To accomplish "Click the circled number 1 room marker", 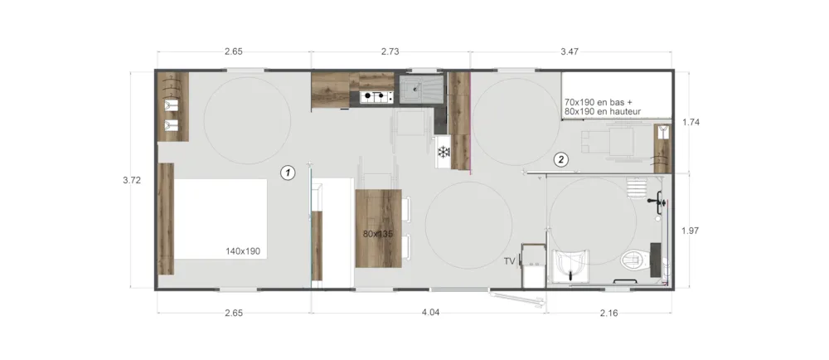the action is (288, 173).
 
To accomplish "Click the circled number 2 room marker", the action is (561, 158).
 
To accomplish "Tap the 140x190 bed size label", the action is (243, 251).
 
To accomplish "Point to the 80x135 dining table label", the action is (378, 233).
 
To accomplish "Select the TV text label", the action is (510, 261).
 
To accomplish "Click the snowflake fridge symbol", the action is (443, 153).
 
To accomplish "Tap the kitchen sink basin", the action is (415, 89).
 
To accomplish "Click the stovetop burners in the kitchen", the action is (376, 97).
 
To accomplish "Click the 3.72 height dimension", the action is (132, 180).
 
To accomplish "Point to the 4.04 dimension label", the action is (430, 313).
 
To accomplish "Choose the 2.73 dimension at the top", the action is (390, 51).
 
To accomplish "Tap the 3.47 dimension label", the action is (570, 51).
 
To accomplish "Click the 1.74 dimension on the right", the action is (691, 122).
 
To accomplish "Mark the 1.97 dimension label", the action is (691, 231).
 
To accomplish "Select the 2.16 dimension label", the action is (608, 313).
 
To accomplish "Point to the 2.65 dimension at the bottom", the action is (234, 313).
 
